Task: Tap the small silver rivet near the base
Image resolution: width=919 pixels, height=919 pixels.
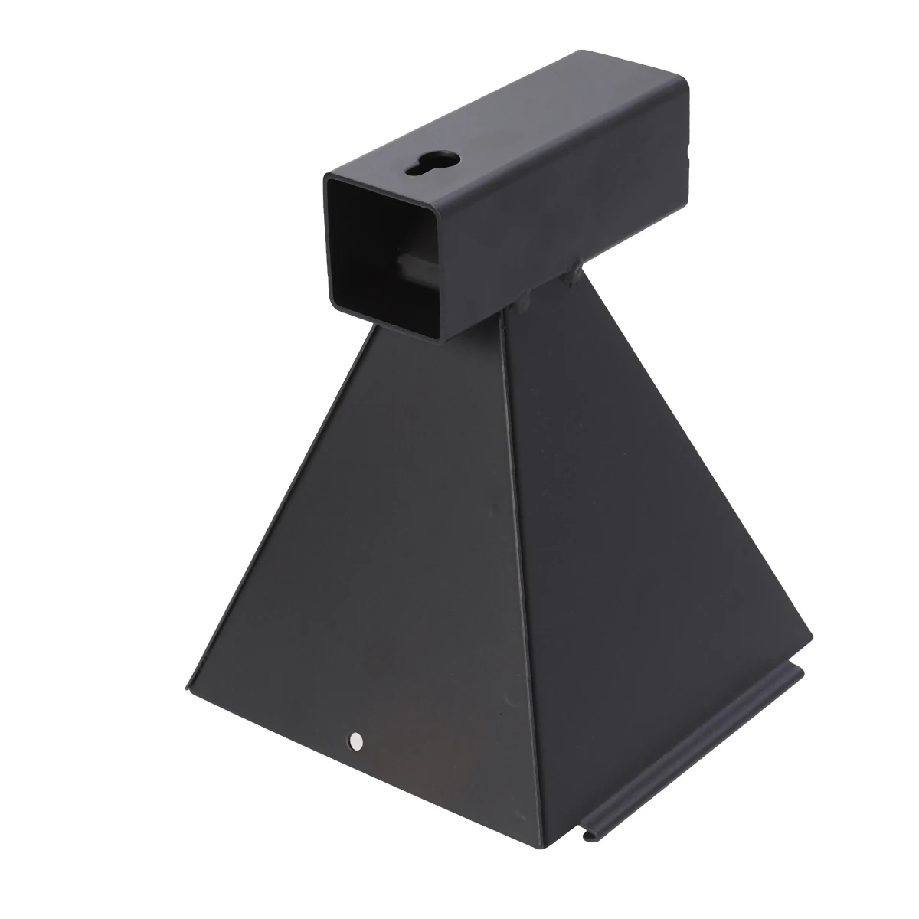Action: coord(355,741)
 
